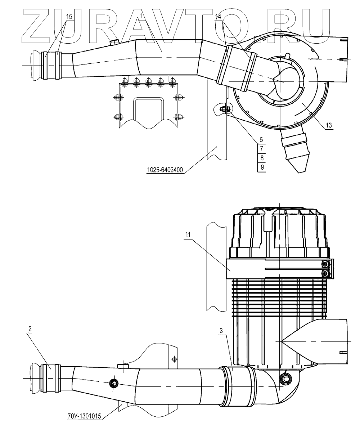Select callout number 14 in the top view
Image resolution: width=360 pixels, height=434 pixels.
tap(219, 17)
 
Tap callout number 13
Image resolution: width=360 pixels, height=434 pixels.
tap(329, 125)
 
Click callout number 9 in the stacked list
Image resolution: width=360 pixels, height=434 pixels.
tap(262, 167)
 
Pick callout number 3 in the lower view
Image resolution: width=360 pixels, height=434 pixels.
tap(223, 331)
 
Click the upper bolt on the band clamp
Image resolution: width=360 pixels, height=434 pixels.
tap(325, 265)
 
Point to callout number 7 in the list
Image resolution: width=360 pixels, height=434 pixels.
tap(262, 148)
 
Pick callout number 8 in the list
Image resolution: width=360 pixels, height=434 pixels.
tap(262, 158)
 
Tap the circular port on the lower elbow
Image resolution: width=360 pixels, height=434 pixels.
tap(287, 378)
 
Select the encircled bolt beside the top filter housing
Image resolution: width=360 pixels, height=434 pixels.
tap(224, 109)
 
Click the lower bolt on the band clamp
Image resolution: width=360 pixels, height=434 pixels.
tap(325, 274)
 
